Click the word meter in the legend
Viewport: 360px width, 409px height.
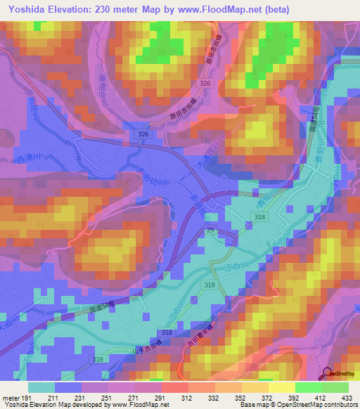click(10, 397)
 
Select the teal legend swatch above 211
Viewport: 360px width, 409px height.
click(41, 387)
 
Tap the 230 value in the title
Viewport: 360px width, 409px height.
click(105, 8)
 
